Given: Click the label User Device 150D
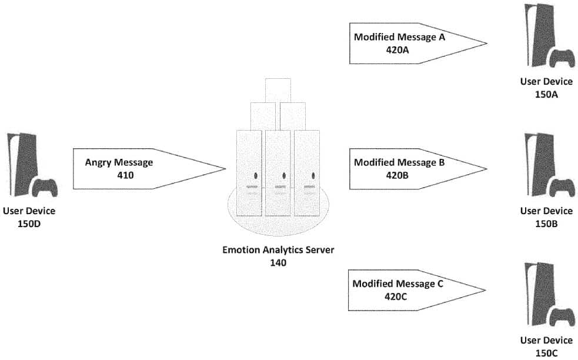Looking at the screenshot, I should (29, 217).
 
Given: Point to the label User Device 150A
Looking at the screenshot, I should (546, 88).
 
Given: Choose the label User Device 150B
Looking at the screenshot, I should (546, 217).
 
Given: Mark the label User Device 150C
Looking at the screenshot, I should (546, 346).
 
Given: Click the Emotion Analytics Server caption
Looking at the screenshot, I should (278, 250).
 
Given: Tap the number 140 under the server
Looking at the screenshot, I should (278, 263).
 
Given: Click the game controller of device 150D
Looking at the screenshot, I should (44, 188).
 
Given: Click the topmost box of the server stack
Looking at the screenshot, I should (278, 89).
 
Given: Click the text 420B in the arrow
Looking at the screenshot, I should (397, 175).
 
